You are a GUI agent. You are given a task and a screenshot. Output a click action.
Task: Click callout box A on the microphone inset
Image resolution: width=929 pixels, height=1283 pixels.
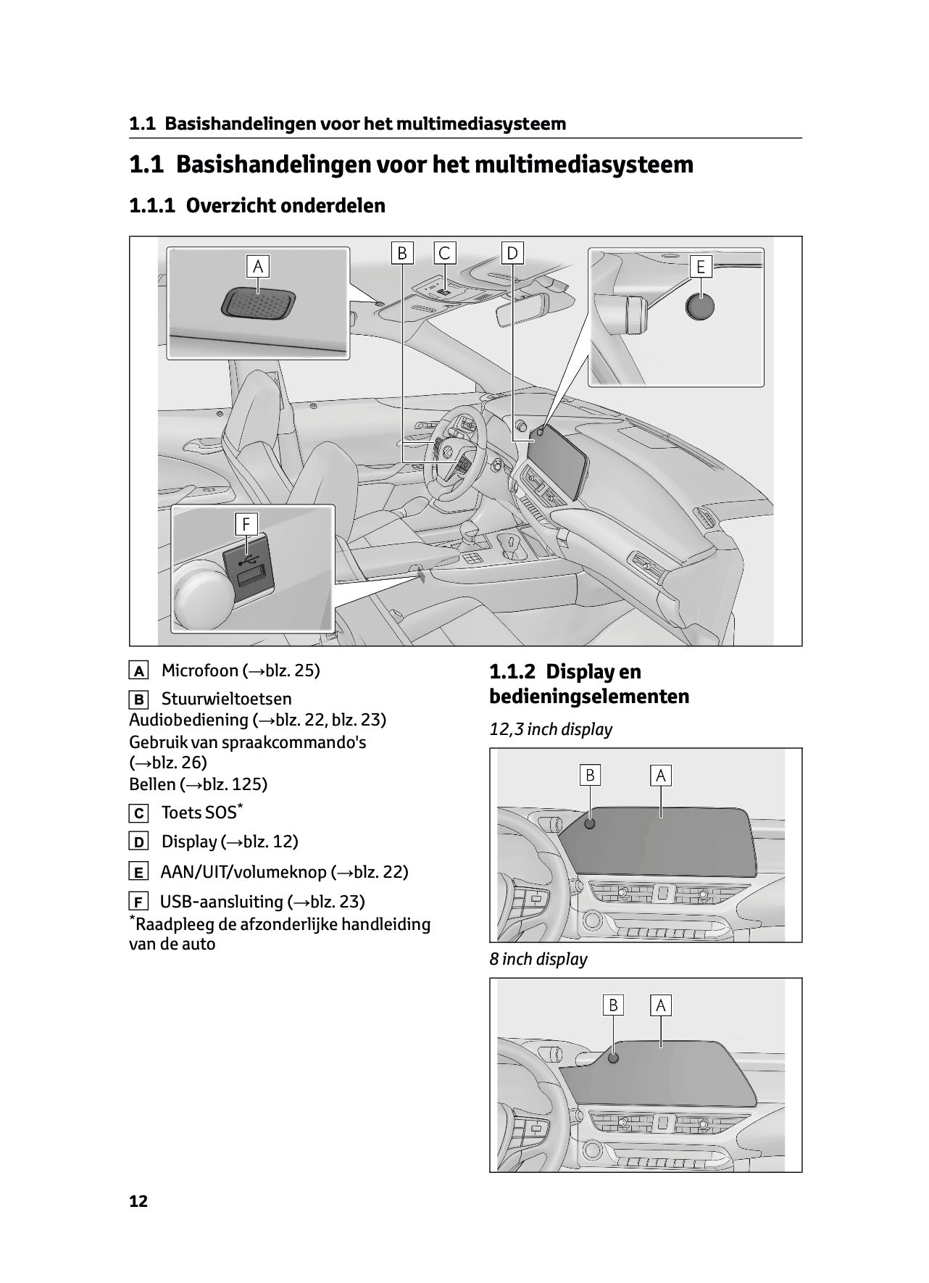click(257, 267)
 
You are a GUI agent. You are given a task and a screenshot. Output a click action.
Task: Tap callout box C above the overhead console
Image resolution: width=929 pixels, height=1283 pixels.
click(444, 253)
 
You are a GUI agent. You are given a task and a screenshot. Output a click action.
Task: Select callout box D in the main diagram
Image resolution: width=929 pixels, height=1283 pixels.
click(512, 253)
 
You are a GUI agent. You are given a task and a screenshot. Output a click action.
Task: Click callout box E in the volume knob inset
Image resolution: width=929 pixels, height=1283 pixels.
click(701, 267)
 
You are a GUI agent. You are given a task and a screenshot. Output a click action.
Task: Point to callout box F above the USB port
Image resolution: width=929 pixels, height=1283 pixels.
click(247, 524)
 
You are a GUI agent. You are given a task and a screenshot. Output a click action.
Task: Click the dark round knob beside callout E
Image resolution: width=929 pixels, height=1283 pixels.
click(699, 307)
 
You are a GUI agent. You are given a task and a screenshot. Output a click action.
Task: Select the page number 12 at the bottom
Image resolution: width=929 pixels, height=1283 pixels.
click(138, 1201)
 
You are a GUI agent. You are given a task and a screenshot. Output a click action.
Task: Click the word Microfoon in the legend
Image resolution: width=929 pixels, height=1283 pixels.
click(199, 670)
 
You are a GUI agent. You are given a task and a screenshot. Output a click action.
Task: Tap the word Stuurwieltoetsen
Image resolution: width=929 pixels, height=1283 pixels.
click(226, 699)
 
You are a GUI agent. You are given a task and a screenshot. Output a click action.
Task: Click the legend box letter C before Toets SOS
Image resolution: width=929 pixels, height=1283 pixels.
click(138, 814)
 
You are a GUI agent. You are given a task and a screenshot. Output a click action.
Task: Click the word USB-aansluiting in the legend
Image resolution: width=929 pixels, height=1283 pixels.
click(221, 902)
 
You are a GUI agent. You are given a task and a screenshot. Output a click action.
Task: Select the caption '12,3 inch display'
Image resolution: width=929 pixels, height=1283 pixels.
click(551, 729)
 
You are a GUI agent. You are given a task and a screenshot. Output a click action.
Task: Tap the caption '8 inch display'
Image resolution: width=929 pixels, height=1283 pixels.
click(538, 959)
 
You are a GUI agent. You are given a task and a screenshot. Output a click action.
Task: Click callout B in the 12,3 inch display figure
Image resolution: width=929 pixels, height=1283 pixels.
click(590, 776)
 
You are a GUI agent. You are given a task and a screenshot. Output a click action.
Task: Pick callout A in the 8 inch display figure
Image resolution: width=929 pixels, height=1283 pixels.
click(660, 1005)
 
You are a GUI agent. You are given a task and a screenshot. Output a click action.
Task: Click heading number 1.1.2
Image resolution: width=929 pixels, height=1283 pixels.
click(514, 672)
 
